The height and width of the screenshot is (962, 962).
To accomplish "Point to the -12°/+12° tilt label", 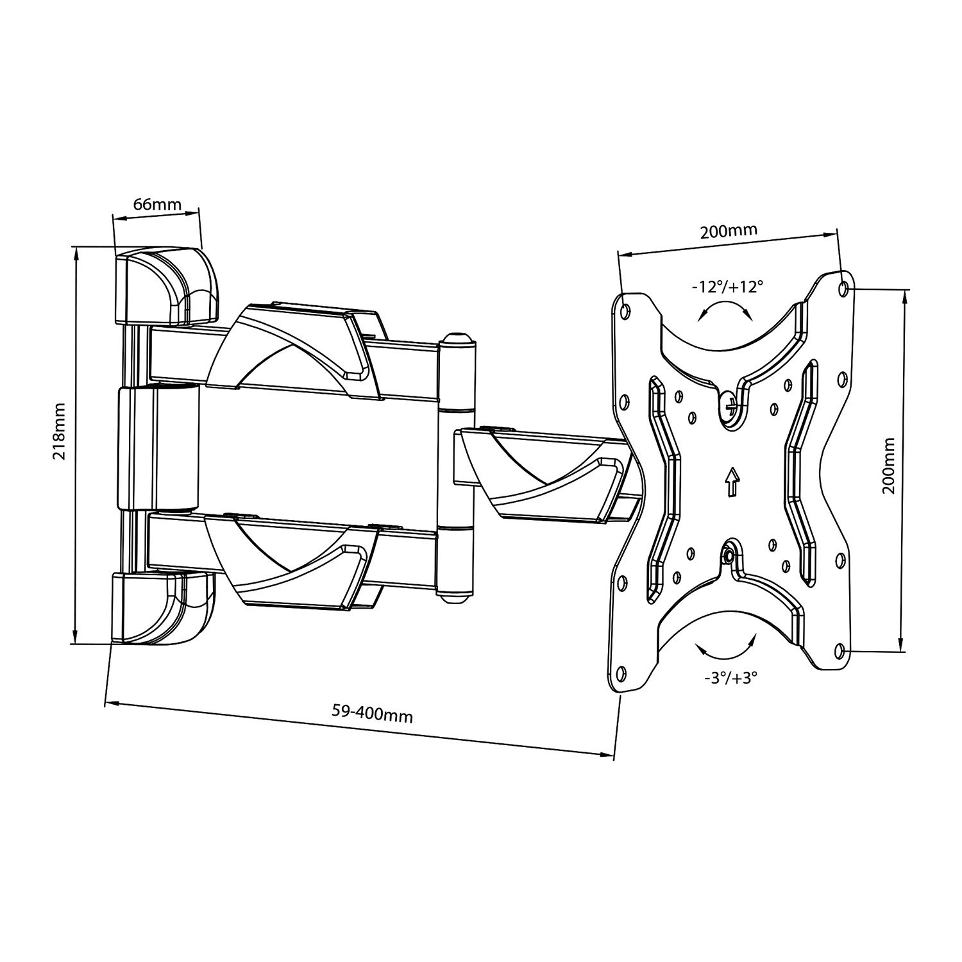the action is click(x=727, y=287).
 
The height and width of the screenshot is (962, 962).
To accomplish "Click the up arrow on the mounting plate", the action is click(x=730, y=481).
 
